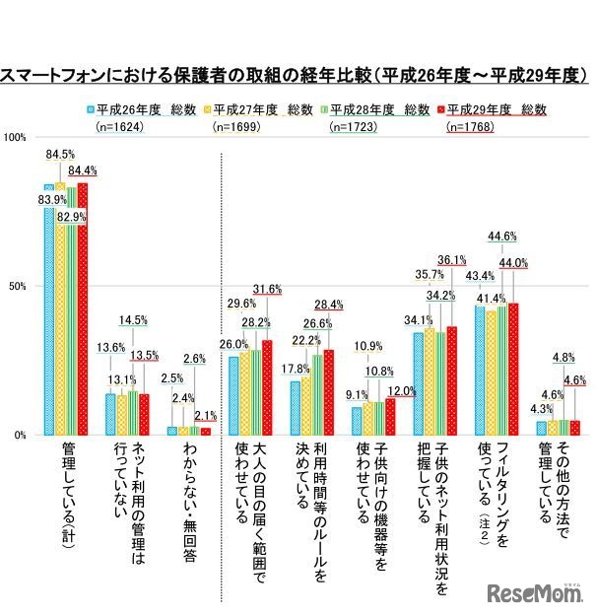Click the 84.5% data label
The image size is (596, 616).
click(x=61, y=154)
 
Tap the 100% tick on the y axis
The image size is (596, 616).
click(x=16, y=137)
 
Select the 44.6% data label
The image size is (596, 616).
click(x=501, y=237)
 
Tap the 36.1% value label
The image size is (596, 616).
click(x=451, y=260)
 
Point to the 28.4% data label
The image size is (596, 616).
click(x=328, y=306)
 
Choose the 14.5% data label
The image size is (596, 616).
click(x=134, y=320)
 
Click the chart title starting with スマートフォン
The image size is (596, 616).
click(x=296, y=75)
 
